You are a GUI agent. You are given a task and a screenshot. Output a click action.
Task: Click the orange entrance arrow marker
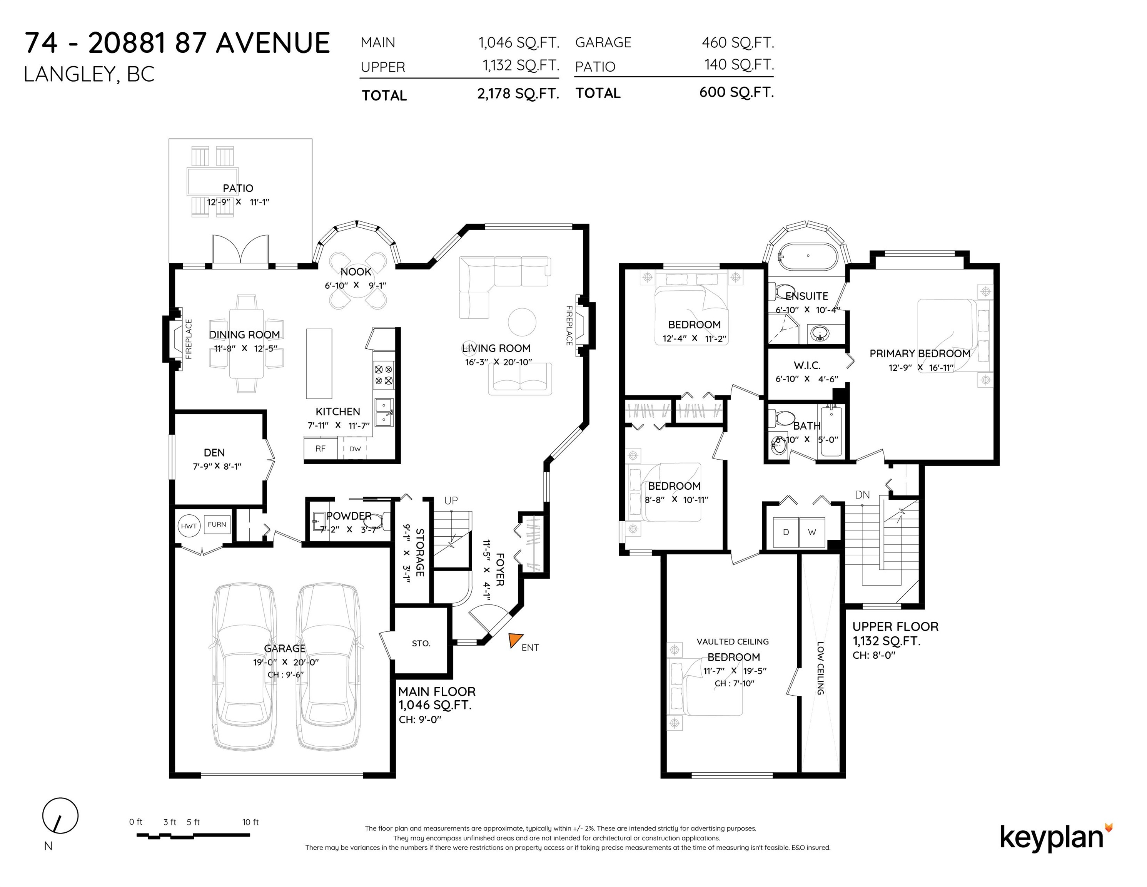[x=515, y=640]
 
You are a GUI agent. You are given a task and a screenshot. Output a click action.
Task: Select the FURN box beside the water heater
[x=217, y=524]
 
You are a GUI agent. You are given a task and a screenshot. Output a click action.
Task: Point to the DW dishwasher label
[x=355, y=449]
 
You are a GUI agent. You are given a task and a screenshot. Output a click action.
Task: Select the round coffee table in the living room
[x=522, y=321]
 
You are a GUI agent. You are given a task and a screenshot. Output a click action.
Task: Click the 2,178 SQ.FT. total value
[x=518, y=94]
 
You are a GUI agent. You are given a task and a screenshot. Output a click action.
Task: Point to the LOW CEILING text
[x=820, y=668]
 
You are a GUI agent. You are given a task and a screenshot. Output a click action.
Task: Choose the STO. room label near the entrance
[x=421, y=643]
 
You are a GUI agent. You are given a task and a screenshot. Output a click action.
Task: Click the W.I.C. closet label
[x=807, y=365]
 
